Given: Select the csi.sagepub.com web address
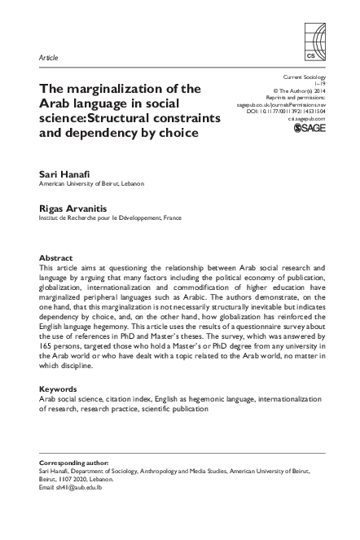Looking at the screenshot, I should (306, 119).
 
